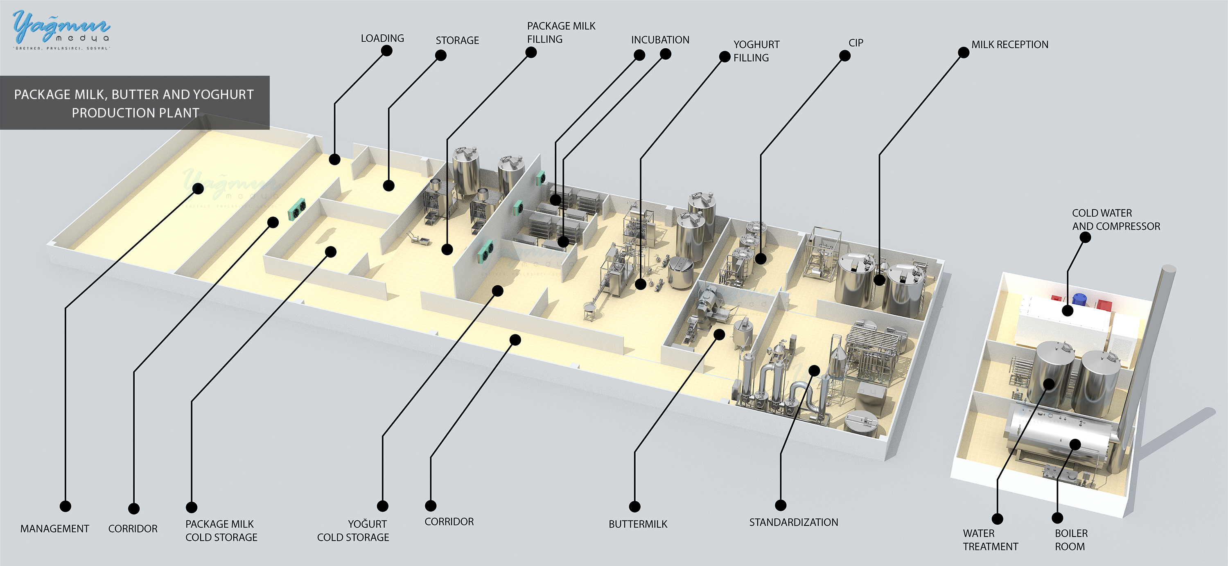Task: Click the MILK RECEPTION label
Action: (1010, 44)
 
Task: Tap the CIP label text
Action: (856, 43)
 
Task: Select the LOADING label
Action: (382, 38)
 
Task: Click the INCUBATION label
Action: (660, 40)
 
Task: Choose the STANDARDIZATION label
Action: (793, 522)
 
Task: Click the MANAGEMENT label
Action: (54, 528)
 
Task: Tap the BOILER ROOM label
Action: (1071, 540)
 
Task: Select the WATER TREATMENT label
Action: (990, 540)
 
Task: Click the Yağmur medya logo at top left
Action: (61, 29)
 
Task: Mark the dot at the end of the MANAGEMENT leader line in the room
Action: (198, 189)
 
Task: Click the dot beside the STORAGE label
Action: (441, 56)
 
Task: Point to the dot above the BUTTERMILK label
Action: (634, 506)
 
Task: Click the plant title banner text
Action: (134, 104)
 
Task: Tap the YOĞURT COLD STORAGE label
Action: (353, 530)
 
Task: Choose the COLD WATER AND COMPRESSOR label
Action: (1116, 220)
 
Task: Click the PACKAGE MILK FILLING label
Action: (561, 32)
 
